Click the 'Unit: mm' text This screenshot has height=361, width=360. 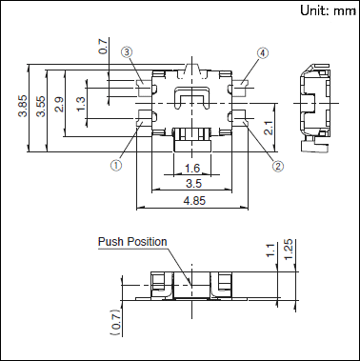(x=328, y=10)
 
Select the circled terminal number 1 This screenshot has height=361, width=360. (x=116, y=166)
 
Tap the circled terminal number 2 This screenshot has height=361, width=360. (x=277, y=166)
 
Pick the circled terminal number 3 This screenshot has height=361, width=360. (x=127, y=52)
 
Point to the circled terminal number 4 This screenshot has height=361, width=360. (x=263, y=53)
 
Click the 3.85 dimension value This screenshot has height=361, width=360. (x=23, y=106)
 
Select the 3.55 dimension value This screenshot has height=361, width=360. (x=41, y=106)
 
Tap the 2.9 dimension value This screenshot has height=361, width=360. (x=59, y=105)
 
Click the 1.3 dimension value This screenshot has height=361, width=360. (x=81, y=104)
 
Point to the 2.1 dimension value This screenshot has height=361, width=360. (x=269, y=128)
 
